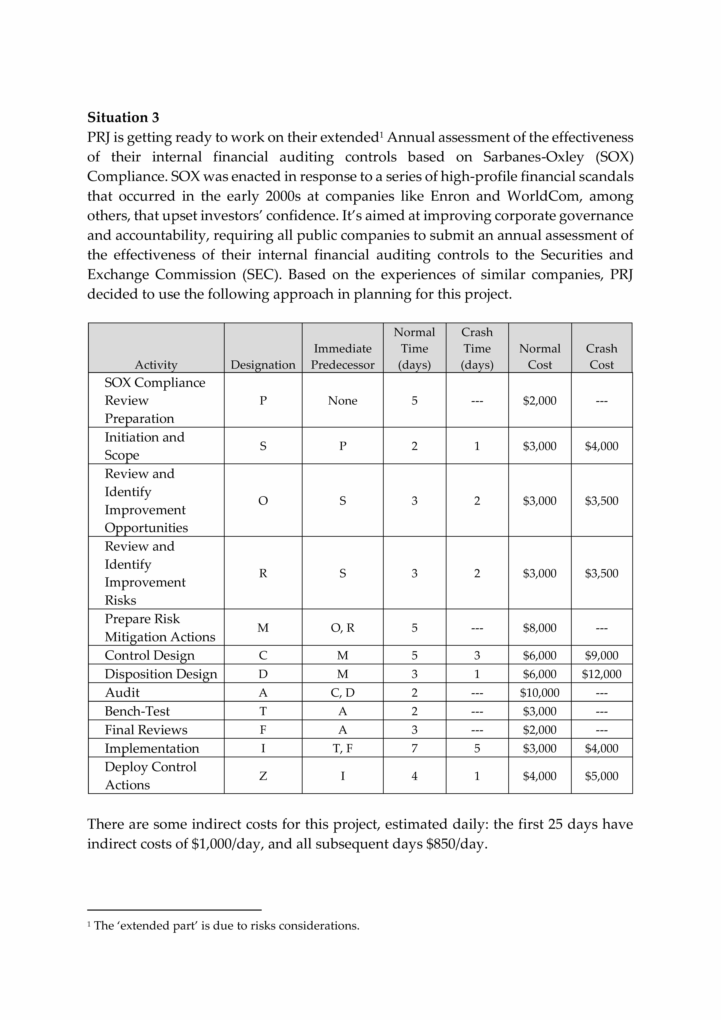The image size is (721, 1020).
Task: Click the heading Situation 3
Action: click(x=123, y=118)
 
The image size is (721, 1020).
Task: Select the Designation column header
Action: click(x=263, y=365)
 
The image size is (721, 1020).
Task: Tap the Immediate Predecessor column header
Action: click(x=342, y=357)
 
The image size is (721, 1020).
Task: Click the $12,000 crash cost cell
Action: click(x=602, y=674)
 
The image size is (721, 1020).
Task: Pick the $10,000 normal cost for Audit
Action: click(x=539, y=693)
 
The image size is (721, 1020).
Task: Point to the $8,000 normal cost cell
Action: click(x=539, y=628)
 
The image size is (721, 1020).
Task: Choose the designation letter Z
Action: click(x=263, y=776)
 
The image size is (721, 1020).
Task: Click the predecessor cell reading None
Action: click(x=342, y=401)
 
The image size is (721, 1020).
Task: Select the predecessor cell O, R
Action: click(x=342, y=628)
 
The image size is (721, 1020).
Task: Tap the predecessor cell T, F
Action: click(x=342, y=749)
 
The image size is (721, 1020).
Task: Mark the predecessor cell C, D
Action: click(x=342, y=693)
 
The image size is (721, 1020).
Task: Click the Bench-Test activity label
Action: click(x=137, y=711)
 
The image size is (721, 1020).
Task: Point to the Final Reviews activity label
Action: click(x=146, y=730)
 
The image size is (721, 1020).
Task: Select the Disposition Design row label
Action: click(x=161, y=674)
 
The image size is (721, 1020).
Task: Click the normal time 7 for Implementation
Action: click(x=414, y=749)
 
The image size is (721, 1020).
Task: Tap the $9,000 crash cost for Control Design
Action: click(x=602, y=655)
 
